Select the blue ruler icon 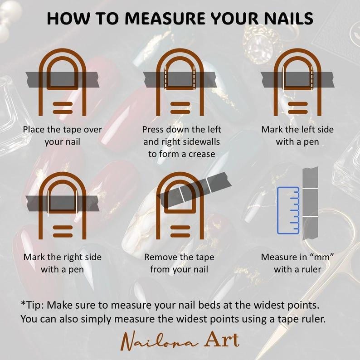tap(288, 210)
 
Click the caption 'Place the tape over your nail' tap(62, 136)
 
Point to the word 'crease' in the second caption tap(202, 154)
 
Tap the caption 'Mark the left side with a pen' tap(297, 136)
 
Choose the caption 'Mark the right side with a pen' tap(62, 263)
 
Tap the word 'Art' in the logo tap(222, 340)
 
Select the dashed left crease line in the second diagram tap(165, 78)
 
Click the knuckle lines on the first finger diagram tap(63, 108)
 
